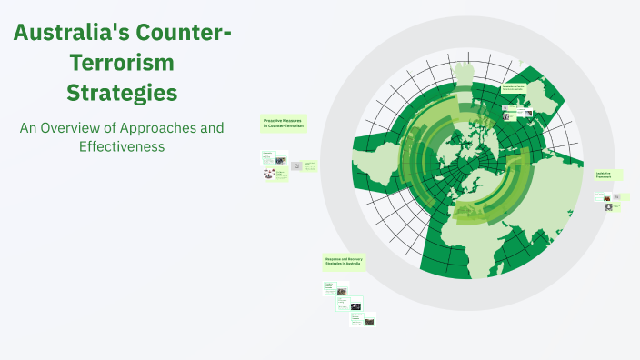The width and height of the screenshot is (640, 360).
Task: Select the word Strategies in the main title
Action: click(x=121, y=93)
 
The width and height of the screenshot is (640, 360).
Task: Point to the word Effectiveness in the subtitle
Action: click(x=121, y=145)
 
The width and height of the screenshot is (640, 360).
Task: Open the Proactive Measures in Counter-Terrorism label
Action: click(x=283, y=124)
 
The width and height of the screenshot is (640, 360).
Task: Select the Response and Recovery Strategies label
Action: click(x=345, y=262)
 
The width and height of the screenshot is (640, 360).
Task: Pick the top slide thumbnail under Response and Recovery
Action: click(x=342, y=291)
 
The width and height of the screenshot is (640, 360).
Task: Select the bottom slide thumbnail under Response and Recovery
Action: click(x=369, y=321)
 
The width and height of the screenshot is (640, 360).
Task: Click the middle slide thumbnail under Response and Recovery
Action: click(x=355, y=306)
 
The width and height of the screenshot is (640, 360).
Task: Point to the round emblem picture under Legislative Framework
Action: click(x=608, y=206)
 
